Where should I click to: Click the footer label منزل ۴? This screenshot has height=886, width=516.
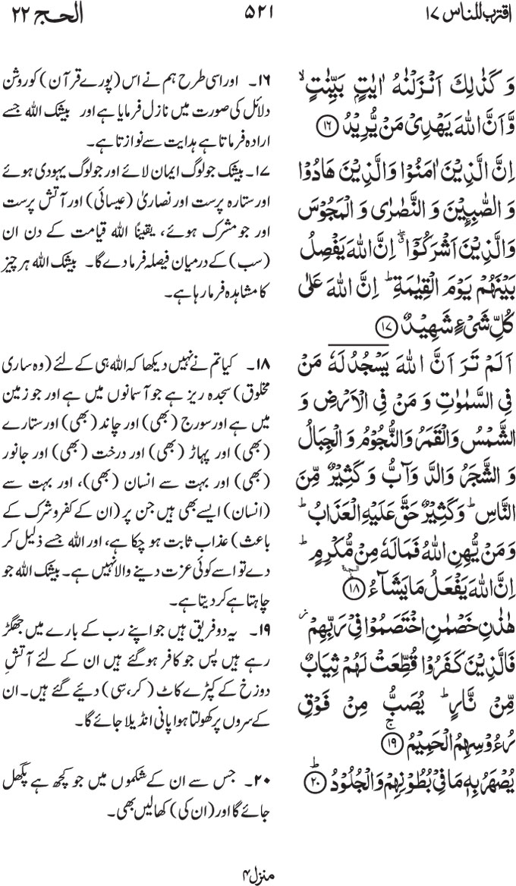258,872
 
